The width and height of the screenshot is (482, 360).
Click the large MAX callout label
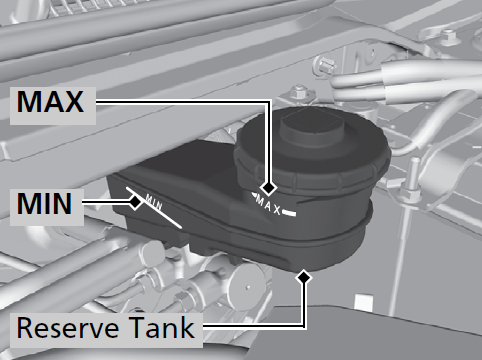tap(50, 101)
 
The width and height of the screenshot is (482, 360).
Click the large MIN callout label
tap(44, 203)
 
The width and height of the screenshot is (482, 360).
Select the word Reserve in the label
tap(68, 328)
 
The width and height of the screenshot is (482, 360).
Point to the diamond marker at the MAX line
tap(268, 188)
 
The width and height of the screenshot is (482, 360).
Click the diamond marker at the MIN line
tap(135, 202)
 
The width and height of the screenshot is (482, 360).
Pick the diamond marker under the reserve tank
tap(304, 277)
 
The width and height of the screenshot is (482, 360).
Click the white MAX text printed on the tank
tap(269, 205)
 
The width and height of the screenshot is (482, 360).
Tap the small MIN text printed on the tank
tap(154, 202)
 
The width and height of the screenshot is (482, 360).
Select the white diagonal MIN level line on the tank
tap(154, 208)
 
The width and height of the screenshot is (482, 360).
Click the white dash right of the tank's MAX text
tap(289, 213)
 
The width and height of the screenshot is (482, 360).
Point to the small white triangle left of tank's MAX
tap(253, 195)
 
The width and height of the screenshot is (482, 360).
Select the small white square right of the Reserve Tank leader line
tap(363, 303)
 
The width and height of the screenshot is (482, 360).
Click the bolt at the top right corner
tap(448, 37)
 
